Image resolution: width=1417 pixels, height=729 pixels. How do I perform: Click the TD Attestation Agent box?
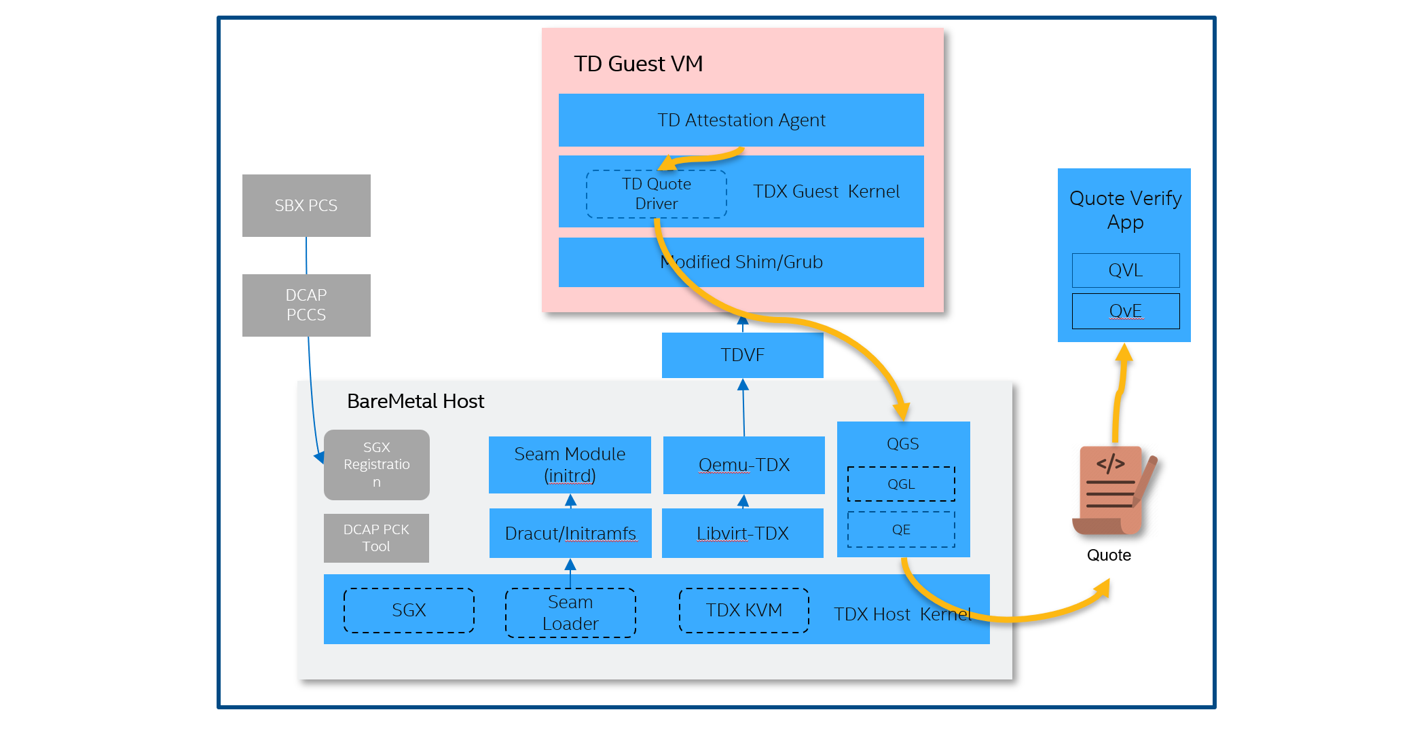(x=741, y=120)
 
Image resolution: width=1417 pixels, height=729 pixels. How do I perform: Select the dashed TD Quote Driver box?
(x=656, y=194)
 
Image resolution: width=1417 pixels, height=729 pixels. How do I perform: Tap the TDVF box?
(x=742, y=355)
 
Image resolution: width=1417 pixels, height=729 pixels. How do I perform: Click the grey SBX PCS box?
(x=306, y=206)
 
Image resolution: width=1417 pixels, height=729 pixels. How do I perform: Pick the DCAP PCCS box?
(x=306, y=305)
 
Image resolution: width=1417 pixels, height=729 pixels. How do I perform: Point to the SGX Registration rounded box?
(x=377, y=465)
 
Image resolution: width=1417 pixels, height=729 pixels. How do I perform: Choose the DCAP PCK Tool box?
(x=376, y=538)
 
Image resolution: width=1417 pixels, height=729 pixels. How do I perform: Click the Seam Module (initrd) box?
(x=570, y=465)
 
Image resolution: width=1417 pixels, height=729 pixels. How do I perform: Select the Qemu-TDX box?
(x=743, y=465)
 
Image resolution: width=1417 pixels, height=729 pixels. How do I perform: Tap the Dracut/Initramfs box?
(x=570, y=534)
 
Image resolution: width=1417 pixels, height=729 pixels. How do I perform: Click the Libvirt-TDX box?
(x=742, y=534)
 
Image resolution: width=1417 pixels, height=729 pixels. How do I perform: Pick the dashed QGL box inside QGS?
(x=901, y=484)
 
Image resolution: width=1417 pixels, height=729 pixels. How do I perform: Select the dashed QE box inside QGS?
(x=901, y=529)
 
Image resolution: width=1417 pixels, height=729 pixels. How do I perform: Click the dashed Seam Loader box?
(x=570, y=613)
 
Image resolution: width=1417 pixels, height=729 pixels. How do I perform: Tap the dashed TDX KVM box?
(x=743, y=610)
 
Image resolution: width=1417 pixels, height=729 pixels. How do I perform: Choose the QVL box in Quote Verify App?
(x=1125, y=270)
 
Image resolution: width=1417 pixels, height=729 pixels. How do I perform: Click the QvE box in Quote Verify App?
(x=1125, y=311)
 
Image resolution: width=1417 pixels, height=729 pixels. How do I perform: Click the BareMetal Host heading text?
(x=416, y=401)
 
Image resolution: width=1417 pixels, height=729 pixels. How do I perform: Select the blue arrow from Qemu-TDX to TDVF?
(x=743, y=407)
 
